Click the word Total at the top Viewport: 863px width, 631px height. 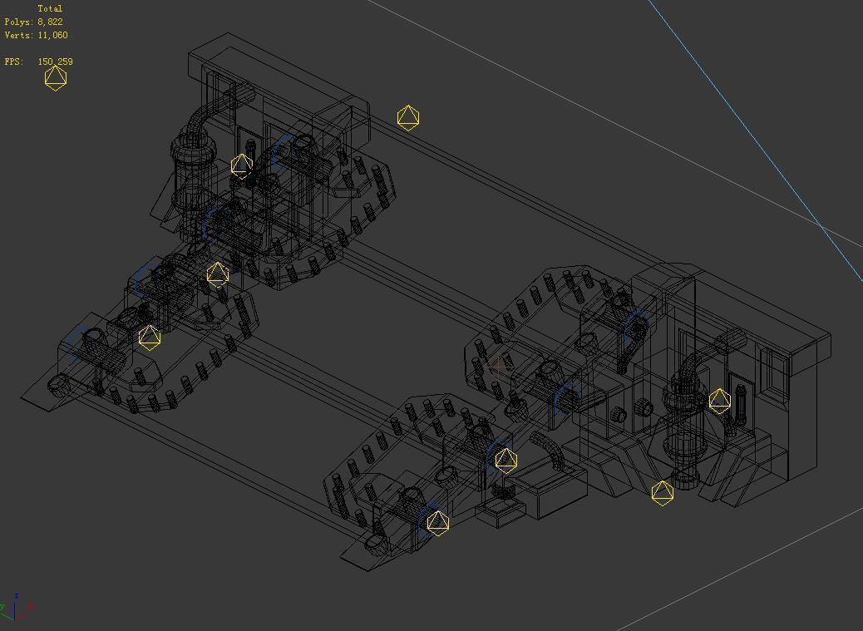[50, 8]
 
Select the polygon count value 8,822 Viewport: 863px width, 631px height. [50, 22]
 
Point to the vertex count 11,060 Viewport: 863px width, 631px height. [52, 35]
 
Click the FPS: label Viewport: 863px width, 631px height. [13, 62]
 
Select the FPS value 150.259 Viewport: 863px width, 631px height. [55, 62]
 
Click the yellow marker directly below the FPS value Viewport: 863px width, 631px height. [55, 78]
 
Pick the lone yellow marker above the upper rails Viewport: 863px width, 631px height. [407, 118]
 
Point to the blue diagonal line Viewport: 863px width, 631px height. [748, 133]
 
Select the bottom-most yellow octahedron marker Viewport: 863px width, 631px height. [437, 523]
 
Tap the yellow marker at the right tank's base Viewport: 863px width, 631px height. [662, 493]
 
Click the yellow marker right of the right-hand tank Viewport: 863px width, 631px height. [719, 402]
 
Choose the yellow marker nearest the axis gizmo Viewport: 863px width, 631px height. [149, 338]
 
